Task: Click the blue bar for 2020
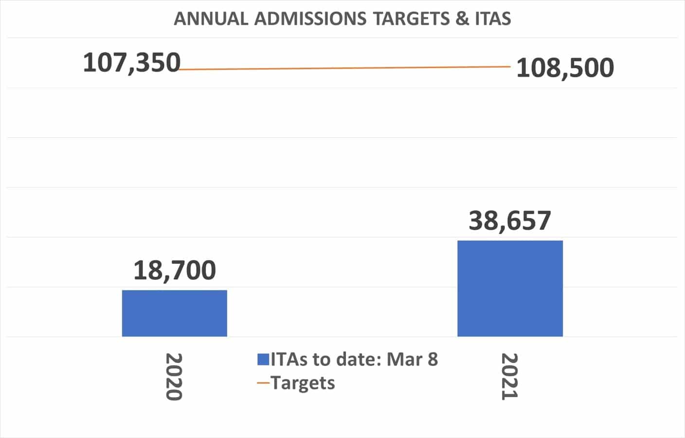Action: [174, 313]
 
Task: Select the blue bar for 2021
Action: [510, 288]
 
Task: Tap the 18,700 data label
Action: [174, 270]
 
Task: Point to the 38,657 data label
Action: [510, 220]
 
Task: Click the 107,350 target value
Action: [131, 63]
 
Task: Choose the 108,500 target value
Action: [565, 68]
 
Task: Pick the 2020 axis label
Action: [174, 376]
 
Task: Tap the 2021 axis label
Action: [509, 376]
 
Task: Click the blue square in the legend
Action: [263, 360]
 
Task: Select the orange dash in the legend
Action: [263, 383]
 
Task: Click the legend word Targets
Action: [303, 383]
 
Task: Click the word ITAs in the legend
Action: [289, 360]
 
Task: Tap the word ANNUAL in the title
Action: [212, 19]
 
